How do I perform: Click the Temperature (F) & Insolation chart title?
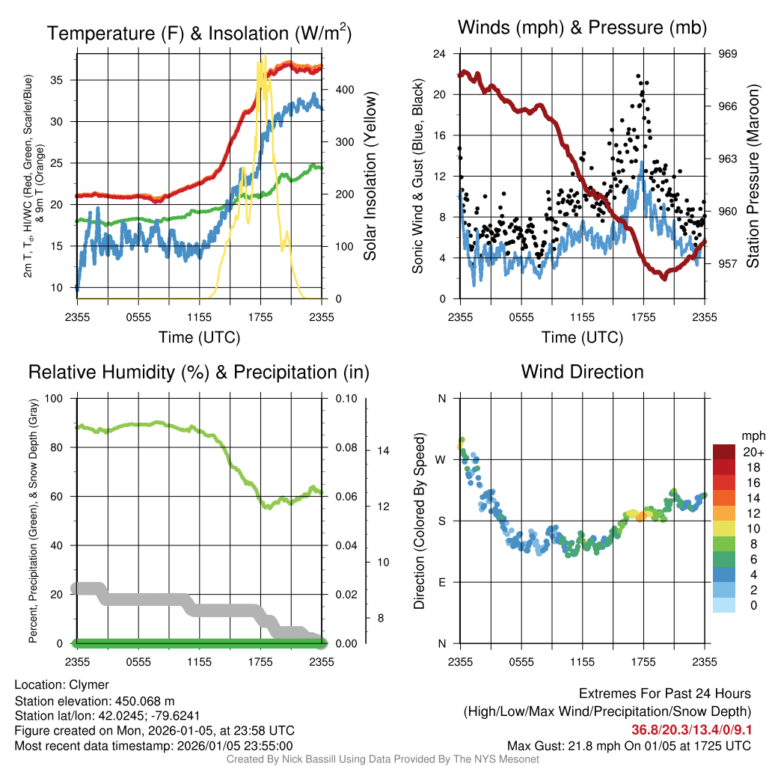pyautogui.click(x=199, y=33)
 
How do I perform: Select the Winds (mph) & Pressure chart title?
pyautogui.click(x=583, y=28)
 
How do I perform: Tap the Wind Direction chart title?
pyautogui.click(x=582, y=371)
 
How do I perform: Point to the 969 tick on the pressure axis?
pyautogui.click(x=729, y=54)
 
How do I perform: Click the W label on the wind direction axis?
pyautogui.click(x=441, y=459)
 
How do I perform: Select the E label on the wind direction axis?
pyautogui.click(x=441, y=582)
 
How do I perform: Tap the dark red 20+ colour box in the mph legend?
pyautogui.click(x=724, y=452)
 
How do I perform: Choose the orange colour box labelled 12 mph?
pyautogui.click(x=724, y=512)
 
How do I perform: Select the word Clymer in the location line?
pyautogui.click(x=89, y=684)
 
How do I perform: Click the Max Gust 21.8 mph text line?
pyautogui.click(x=628, y=746)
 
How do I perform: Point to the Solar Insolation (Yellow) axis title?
pyautogui.click(x=370, y=177)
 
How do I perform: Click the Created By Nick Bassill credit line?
pyautogui.click(x=382, y=759)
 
